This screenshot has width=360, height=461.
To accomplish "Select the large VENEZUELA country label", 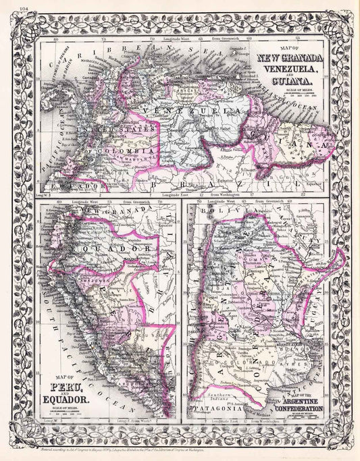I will [203, 110].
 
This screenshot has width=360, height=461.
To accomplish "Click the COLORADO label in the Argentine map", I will [270, 389].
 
